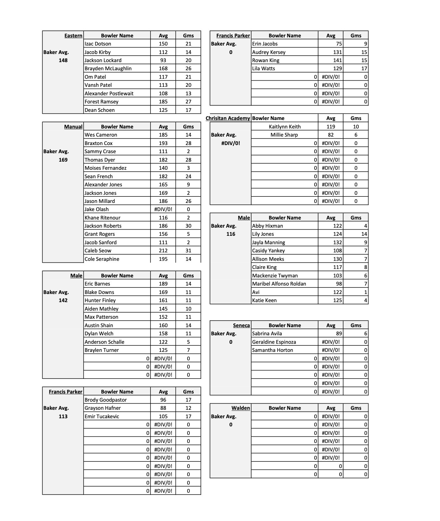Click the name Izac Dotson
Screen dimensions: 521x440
point(98,44)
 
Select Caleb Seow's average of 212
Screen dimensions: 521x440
point(163,251)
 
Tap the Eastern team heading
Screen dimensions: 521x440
point(73,36)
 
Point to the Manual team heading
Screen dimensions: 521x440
point(73,127)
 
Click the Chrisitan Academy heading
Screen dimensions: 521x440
point(228,118)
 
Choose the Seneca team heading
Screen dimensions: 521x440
point(241,326)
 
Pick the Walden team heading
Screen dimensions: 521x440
point(241,408)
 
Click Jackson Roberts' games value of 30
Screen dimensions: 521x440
point(188,226)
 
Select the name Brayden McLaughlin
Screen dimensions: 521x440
point(108,69)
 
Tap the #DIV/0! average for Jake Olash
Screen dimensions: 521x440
point(163,209)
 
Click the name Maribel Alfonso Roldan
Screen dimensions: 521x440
point(279,284)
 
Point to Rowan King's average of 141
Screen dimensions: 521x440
point(337,60)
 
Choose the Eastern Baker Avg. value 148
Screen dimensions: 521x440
point(63,60)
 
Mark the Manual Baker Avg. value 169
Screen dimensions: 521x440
point(63,160)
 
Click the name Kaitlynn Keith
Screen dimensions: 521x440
point(285,127)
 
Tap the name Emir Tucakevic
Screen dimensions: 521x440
point(102,417)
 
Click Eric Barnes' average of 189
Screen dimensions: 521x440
point(163,284)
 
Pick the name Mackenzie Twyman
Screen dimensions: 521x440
point(275,276)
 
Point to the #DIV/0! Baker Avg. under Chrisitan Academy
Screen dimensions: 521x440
point(230,143)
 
